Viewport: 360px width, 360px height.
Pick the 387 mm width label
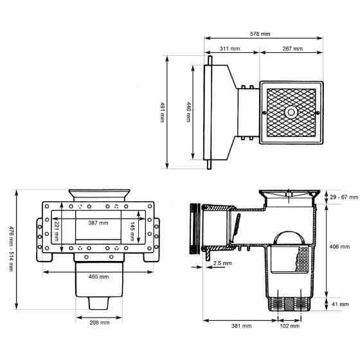pos(98,222)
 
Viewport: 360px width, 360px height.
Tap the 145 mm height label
pos(131,230)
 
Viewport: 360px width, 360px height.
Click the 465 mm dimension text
pos(99,276)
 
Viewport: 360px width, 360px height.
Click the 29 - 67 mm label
pos(341,197)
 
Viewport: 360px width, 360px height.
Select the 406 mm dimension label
pos(340,247)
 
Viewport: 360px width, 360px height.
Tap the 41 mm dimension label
pos(341,304)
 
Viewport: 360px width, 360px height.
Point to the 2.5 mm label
pos(223,262)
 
